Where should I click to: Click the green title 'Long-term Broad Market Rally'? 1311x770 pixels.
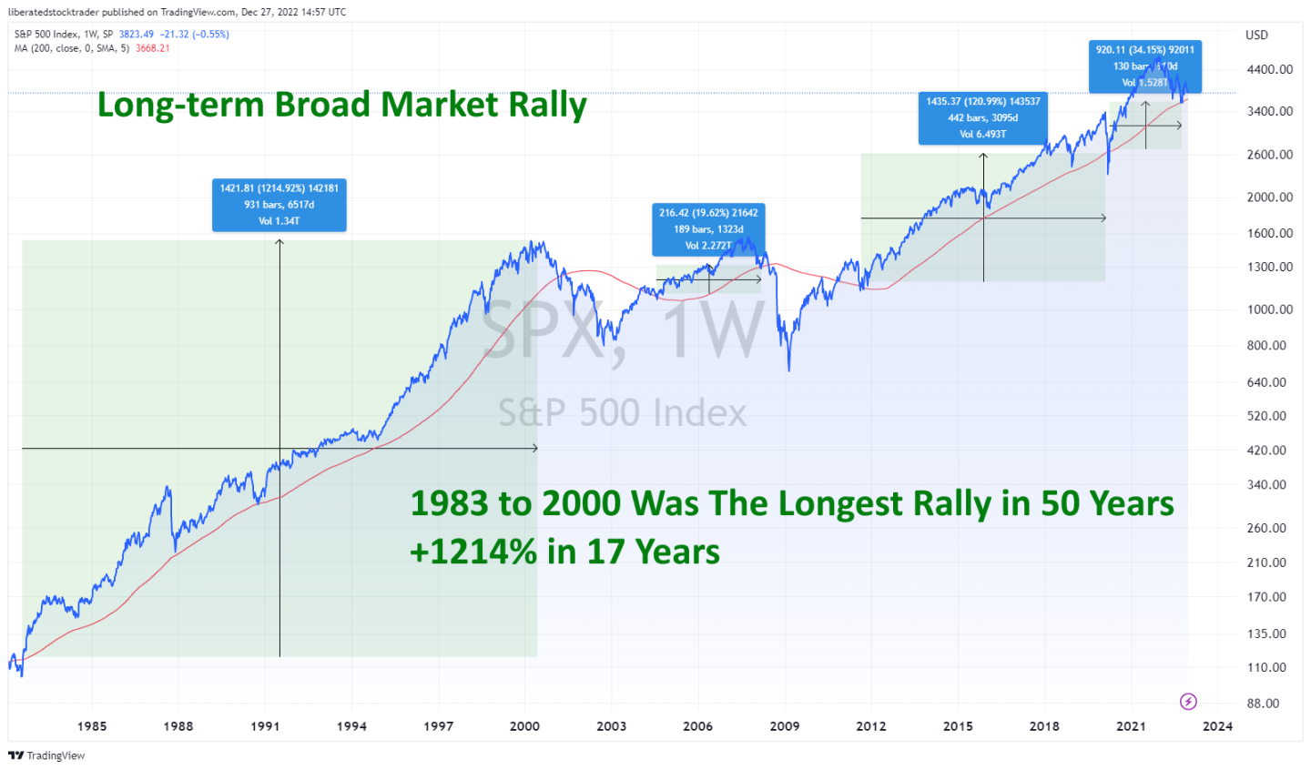(341, 105)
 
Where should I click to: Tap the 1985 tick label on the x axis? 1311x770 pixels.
(91, 725)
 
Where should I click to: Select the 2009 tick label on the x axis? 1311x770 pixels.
(784, 725)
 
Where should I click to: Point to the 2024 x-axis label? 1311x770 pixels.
(1217, 725)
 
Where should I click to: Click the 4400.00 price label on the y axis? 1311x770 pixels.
(1269, 69)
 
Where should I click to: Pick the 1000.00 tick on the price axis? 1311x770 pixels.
(1269, 309)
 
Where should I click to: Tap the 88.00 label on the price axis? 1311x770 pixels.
(1263, 704)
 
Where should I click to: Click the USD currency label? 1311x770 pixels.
(1256, 35)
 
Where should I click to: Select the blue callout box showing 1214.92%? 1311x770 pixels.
(279, 205)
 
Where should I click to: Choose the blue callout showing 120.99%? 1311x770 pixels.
(982, 117)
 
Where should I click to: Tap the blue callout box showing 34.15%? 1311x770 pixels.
(1144, 66)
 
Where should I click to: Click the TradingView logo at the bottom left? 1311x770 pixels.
(46, 755)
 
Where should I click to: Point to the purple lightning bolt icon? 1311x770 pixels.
(1188, 701)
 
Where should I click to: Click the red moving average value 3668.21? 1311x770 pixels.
(152, 48)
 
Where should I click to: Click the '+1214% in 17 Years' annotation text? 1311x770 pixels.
(564, 552)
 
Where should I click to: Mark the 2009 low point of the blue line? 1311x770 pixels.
(788, 369)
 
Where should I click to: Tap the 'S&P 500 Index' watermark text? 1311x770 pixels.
(622, 413)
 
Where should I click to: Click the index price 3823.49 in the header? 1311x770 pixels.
(136, 35)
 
